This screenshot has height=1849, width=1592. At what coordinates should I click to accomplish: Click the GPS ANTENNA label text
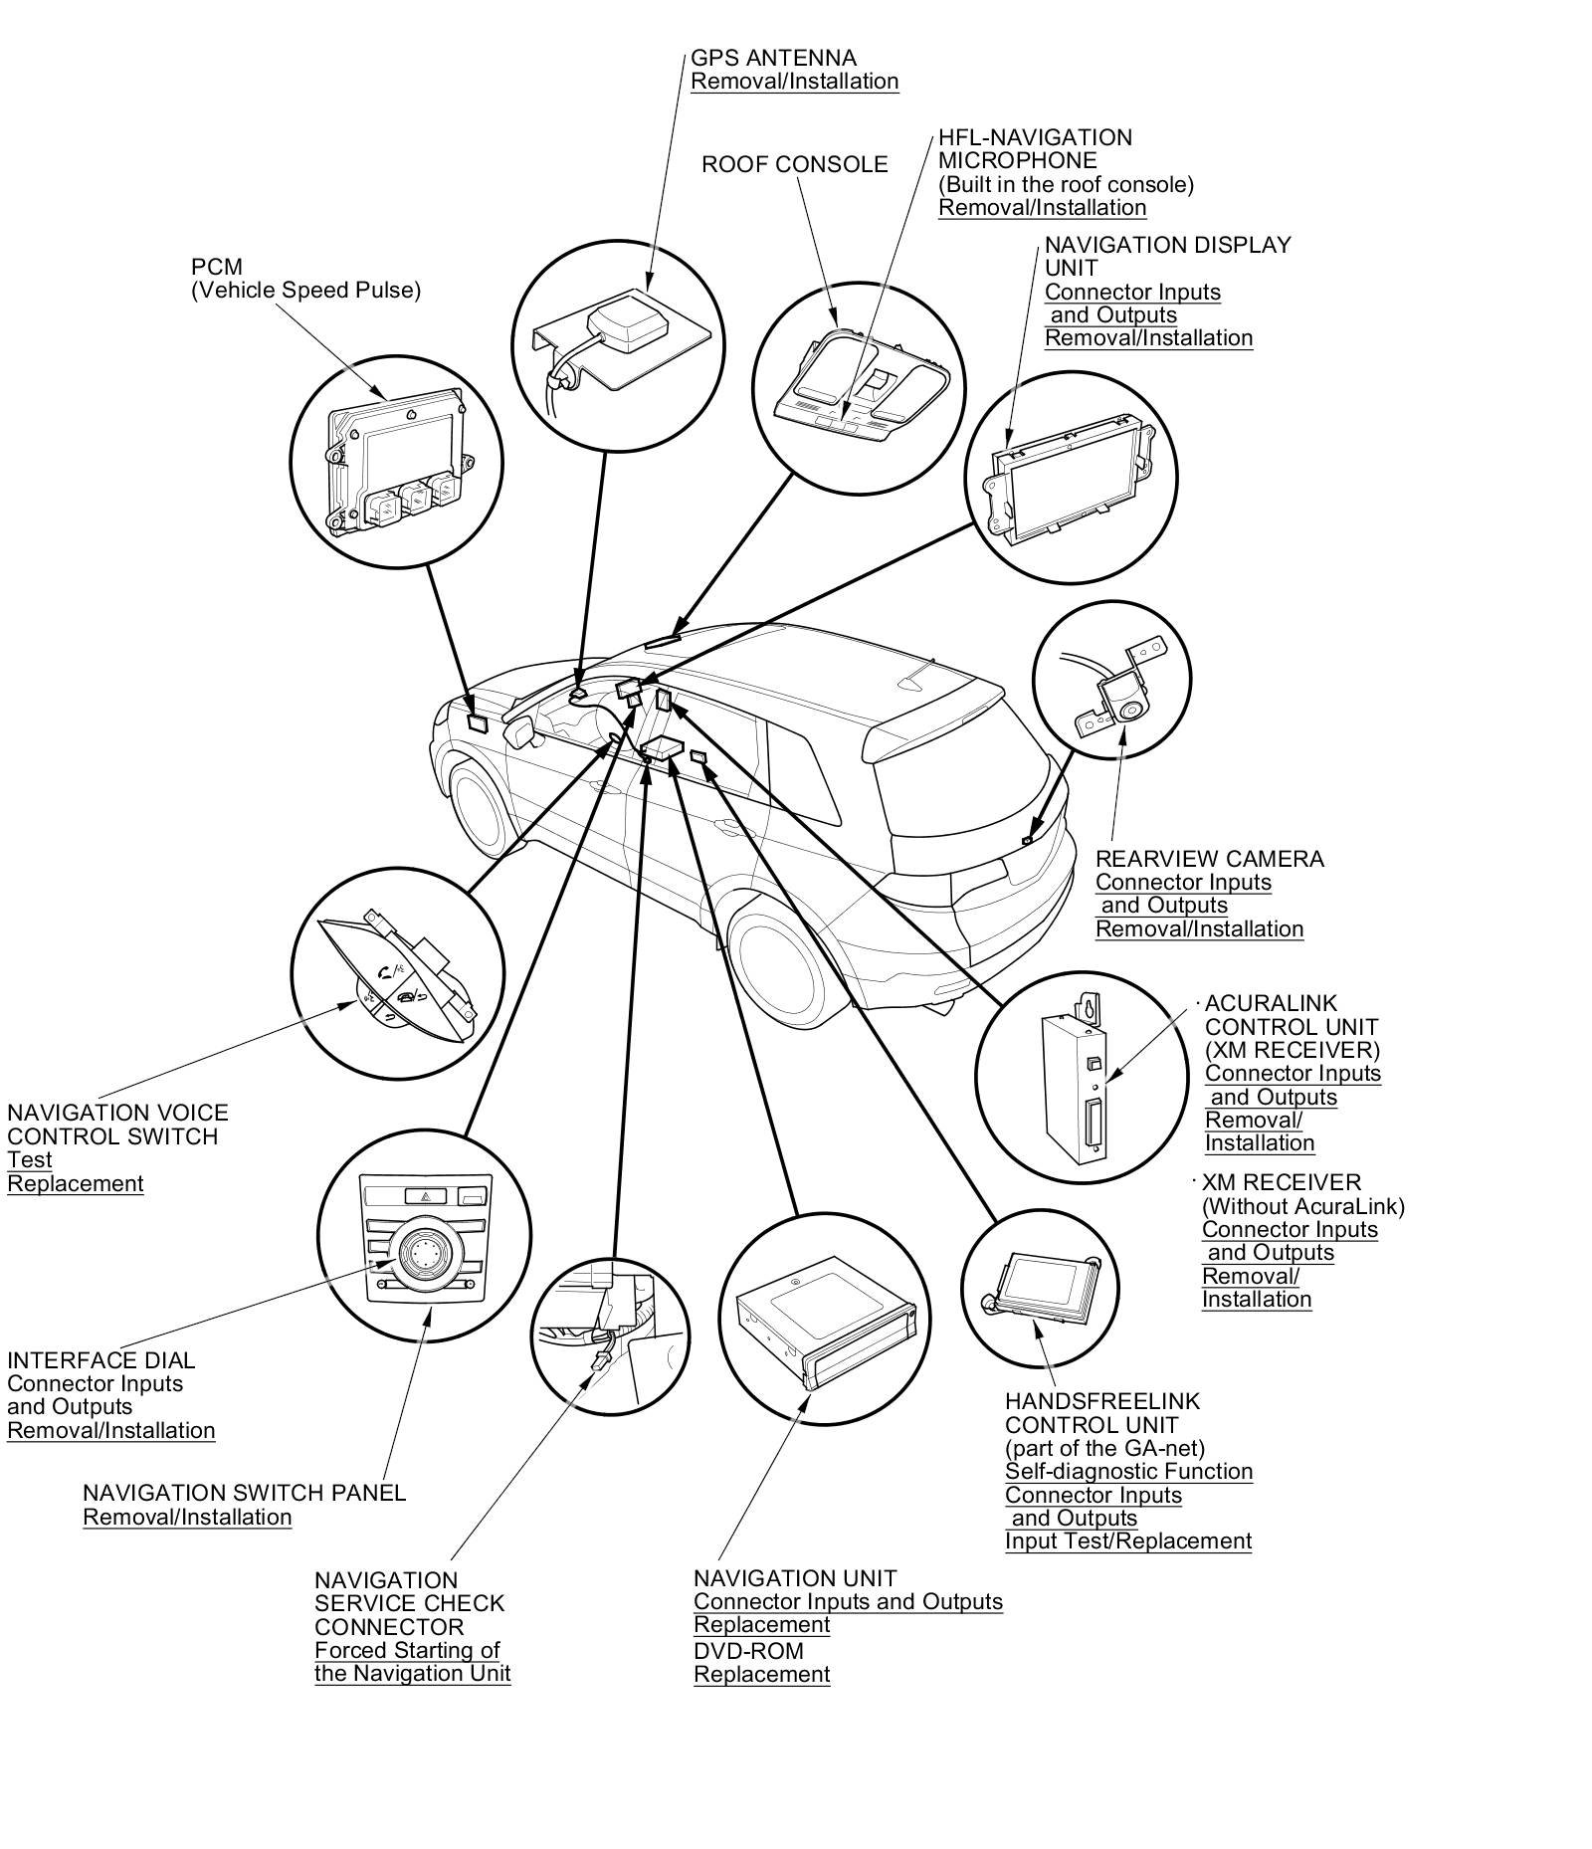pos(772,58)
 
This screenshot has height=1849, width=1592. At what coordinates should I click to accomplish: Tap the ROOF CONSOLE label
pos(794,164)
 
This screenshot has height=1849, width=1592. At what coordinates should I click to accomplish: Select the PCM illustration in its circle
pos(397,463)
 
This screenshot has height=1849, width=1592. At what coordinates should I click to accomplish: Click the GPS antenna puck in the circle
pos(621,317)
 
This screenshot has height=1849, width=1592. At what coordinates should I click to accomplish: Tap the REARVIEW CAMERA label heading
pos(1209,859)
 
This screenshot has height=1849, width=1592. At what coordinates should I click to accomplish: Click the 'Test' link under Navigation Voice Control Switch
pos(30,1160)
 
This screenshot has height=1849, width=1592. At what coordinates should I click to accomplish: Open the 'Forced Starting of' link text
pos(407,1650)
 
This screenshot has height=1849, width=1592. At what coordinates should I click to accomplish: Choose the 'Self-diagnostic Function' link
pos(1128,1472)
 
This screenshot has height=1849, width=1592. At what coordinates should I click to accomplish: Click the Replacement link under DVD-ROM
pos(761,1675)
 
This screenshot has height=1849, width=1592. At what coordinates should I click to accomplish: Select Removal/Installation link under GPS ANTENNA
pos(794,82)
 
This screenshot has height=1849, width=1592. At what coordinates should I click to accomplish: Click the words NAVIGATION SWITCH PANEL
pos(244,1493)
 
